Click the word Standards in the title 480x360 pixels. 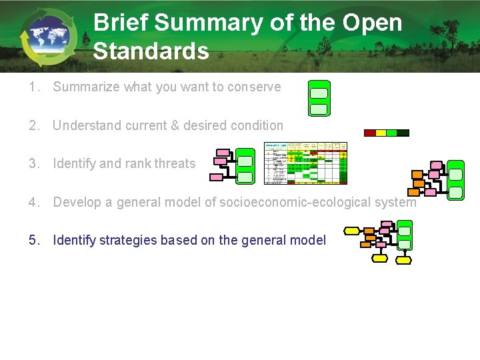pyautogui.click(x=151, y=51)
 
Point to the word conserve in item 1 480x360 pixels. pyautogui.click(x=257, y=87)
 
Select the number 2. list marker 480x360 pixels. pyautogui.click(x=33, y=125)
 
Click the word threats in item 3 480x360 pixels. pyautogui.click(x=175, y=163)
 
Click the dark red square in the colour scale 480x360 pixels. pyautogui.click(x=370, y=133)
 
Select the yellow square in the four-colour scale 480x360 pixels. pyautogui.click(x=381, y=133)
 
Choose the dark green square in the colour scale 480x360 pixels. pyautogui.click(x=403, y=133)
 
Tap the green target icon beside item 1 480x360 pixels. pyautogui.click(x=319, y=98)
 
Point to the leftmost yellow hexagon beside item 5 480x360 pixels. pyautogui.click(x=351, y=232)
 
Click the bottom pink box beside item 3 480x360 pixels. pyautogui.click(x=217, y=177)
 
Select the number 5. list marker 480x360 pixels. pyautogui.click(x=33, y=240)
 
